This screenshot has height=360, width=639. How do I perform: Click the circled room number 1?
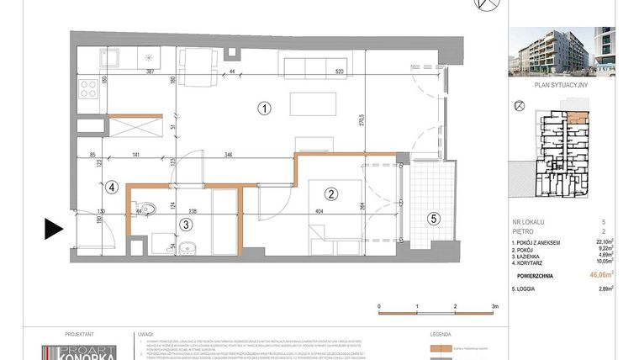(264, 108)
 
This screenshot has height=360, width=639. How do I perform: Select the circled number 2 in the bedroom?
(331, 194)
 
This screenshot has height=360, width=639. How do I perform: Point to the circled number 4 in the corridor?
(109, 188)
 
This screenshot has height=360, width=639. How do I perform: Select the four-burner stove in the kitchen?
(90, 90)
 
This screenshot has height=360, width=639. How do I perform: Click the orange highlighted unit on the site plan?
(578, 119)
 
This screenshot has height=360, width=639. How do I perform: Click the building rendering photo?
(562, 51)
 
